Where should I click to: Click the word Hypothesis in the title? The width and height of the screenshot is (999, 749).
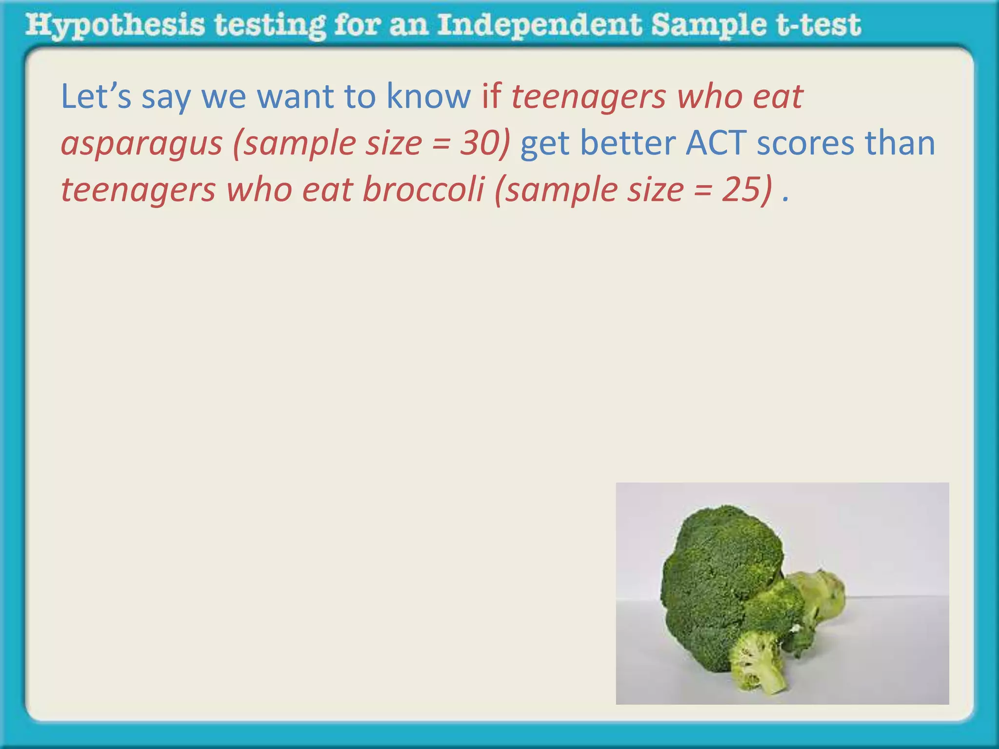point(115,25)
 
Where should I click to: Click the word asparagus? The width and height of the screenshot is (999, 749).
point(141,144)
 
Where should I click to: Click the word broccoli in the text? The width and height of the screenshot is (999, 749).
point(423,189)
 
